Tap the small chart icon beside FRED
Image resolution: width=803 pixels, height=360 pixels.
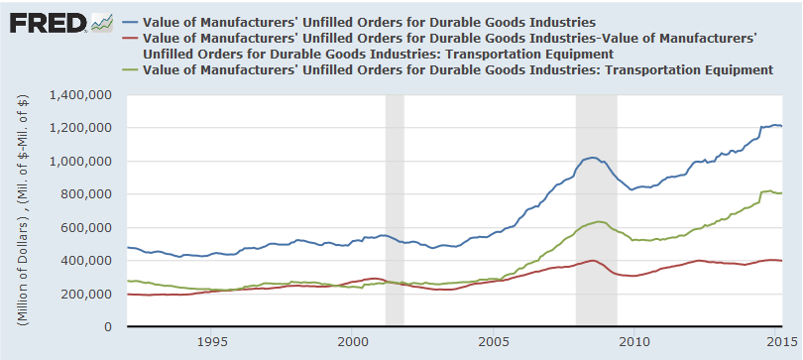pyautogui.click(x=101, y=22)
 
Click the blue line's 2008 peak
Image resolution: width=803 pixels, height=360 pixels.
pyautogui.click(x=592, y=157)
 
